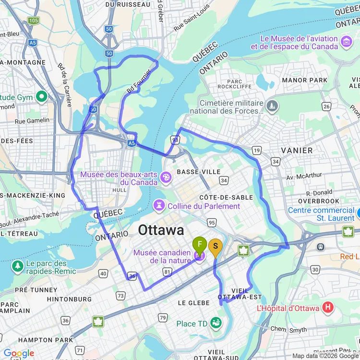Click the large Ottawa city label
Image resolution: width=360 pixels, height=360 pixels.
(161, 230)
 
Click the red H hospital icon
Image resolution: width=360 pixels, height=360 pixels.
(328, 308)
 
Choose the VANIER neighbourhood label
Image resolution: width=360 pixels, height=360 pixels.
(297, 150)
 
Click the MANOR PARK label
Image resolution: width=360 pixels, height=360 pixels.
(305, 80)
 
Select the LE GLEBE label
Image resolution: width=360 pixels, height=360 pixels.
(193, 303)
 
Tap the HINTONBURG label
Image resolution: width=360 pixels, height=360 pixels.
(69, 299)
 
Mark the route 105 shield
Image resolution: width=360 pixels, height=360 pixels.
(34, 20)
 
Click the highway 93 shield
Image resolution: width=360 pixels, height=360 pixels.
(175, 140)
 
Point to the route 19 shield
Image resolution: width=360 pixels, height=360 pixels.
(257, 151)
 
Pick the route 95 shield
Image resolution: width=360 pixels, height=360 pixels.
(212, 222)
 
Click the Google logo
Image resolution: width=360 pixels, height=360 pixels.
(18, 354)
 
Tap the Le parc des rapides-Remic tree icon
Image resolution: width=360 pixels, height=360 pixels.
(18, 265)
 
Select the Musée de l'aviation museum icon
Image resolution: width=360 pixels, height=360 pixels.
(346, 42)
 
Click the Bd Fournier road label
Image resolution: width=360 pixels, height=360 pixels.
(139, 82)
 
